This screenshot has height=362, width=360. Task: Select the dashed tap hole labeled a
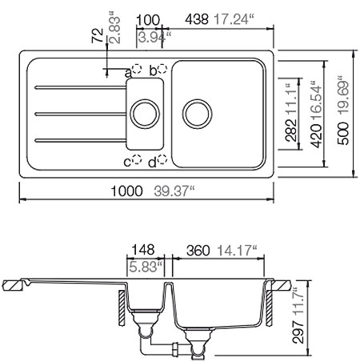(x=138, y=70)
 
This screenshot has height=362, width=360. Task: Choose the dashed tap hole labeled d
(x=161, y=161)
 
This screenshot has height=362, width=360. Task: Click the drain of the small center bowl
(x=145, y=112)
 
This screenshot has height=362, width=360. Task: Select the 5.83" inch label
(x=145, y=265)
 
